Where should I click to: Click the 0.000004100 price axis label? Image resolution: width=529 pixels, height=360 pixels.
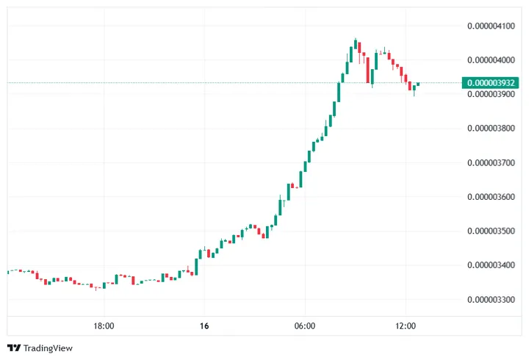tap(491, 26)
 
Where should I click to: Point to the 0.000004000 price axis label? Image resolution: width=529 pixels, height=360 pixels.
tap(491, 60)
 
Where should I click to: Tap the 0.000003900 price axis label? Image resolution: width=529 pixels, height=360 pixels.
tap(491, 94)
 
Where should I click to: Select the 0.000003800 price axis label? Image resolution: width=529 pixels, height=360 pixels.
tap(491, 128)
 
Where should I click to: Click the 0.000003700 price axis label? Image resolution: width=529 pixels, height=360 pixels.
tap(491, 162)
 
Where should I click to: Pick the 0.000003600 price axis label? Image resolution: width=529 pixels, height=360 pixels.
tap(491, 196)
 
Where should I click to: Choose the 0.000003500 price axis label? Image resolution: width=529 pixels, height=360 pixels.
tap(491, 231)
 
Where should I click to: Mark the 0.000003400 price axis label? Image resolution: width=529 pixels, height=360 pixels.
tap(491, 264)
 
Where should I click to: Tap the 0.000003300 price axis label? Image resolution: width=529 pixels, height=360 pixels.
tap(491, 299)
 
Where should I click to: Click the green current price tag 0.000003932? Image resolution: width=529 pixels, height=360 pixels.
tap(491, 83)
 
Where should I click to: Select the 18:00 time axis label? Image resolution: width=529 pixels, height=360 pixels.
tap(104, 325)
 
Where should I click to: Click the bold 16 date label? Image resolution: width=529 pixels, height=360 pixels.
tap(204, 325)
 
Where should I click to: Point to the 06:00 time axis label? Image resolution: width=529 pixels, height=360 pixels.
tap(305, 325)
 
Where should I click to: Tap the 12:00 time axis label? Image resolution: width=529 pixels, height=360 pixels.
tap(406, 325)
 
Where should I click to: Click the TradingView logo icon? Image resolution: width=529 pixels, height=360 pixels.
tap(14, 348)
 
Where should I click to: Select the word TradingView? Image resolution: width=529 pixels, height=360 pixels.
tap(48, 348)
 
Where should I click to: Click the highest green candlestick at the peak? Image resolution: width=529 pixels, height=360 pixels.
tap(356, 44)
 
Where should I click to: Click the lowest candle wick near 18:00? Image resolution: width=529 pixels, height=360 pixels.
tap(98, 287)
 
